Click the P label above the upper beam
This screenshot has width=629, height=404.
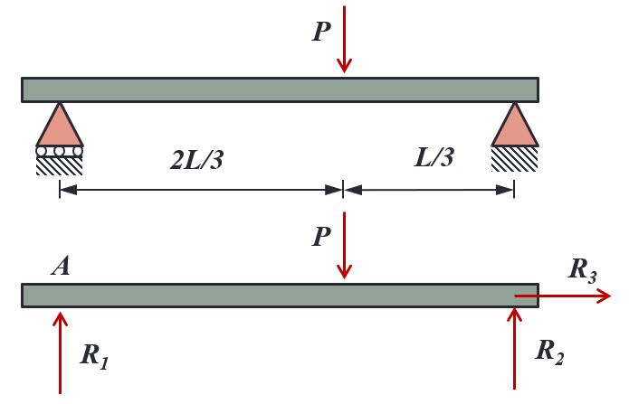pyautogui.click(x=321, y=31)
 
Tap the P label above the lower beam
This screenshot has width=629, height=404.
pyautogui.click(x=321, y=236)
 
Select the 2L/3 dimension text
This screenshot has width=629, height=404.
pyautogui.click(x=196, y=159)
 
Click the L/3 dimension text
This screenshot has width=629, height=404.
pyautogui.click(x=434, y=156)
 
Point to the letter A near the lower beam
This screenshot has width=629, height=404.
pyautogui.click(x=61, y=266)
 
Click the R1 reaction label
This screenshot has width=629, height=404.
pyautogui.click(x=94, y=356)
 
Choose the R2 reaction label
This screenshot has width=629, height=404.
pyautogui.click(x=550, y=352)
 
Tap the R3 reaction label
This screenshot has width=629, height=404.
pyautogui.click(x=583, y=270)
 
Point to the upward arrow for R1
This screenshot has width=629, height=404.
pyautogui.click(x=60, y=352)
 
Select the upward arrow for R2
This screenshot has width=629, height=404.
pyautogui.click(x=514, y=348)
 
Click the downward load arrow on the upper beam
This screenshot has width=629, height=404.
pyautogui.click(x=344, y=39)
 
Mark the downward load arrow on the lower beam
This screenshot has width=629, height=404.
pyautogui.click(x=344, y=245)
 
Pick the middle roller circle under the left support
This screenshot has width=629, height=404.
pyautogui.click(x=60, y=152)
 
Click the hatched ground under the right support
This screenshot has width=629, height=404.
pyautogui.click(x=515, y=159)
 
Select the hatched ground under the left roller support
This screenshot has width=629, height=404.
pyautogui.click(x=60, y=166)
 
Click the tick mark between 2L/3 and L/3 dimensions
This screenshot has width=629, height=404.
pyautogui.click(x=343, y=189)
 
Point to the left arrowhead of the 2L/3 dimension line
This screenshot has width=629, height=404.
pyautogui.click(x=68, y=190)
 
